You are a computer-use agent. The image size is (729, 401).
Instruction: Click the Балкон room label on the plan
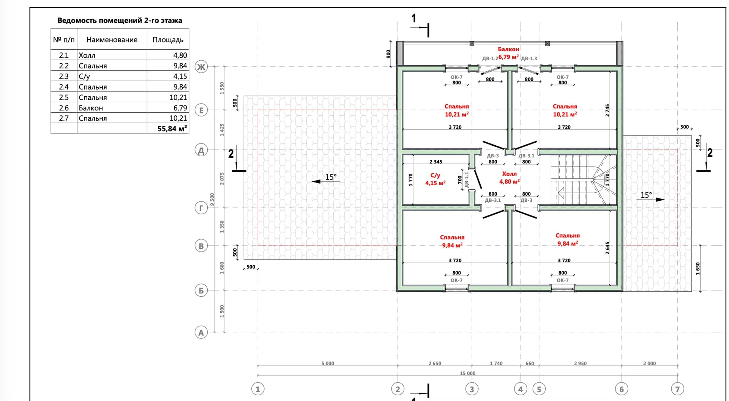508,49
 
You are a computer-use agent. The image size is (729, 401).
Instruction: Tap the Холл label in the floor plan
509,174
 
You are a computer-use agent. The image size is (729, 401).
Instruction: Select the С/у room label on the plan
435,176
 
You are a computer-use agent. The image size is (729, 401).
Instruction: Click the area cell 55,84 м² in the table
172,129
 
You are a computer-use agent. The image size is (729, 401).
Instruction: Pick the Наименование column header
112,40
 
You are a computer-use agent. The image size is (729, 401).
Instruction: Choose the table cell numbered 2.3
64,76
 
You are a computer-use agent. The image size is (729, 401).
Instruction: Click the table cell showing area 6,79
180,108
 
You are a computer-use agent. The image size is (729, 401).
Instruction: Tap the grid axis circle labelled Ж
201,67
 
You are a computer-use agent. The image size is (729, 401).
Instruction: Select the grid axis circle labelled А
201,333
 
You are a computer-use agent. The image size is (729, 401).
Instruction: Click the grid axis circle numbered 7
677,389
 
